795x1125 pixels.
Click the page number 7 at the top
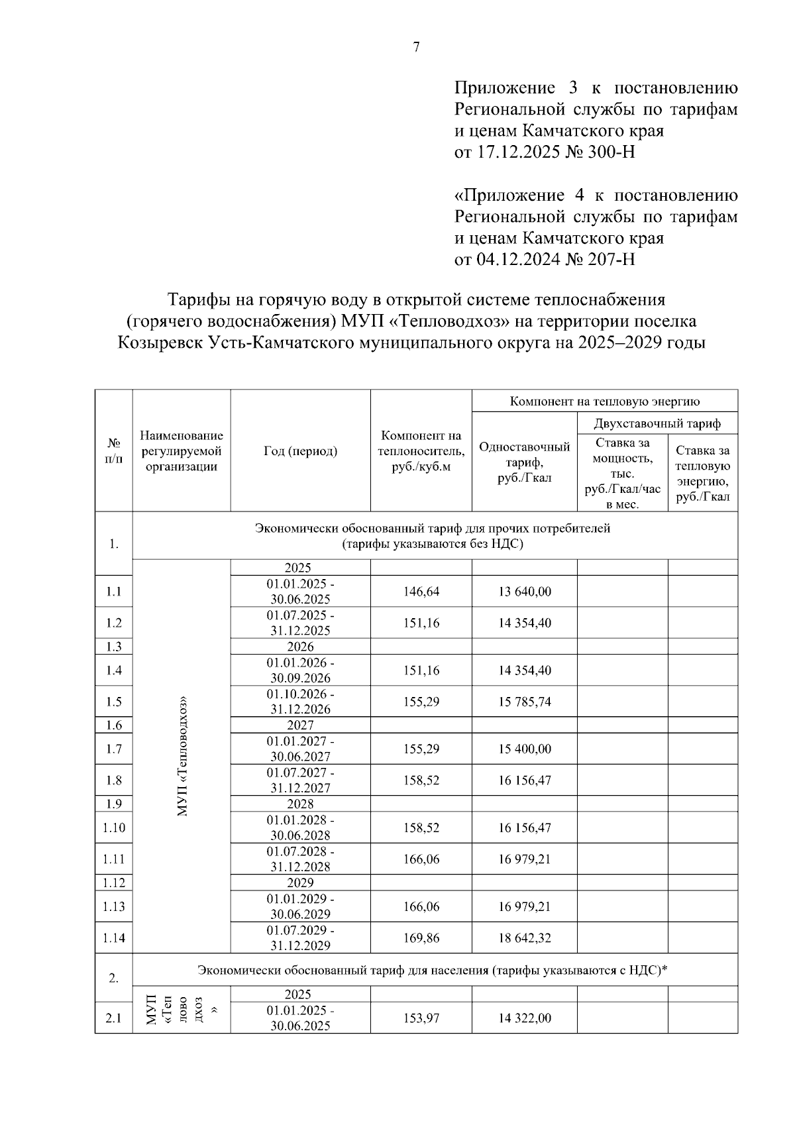(416, 48)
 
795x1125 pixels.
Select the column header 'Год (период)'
(300, 451)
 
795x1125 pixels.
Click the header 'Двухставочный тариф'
(657, 423)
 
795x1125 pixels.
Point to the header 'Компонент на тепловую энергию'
(604, 401)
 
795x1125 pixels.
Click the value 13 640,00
(524, 592)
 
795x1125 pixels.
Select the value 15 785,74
(524, 702)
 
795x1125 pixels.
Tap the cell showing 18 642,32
(524, 938)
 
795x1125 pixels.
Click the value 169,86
(421, 938)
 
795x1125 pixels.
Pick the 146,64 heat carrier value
(421, 592)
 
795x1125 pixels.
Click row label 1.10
(113, 828)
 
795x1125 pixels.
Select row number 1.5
(113, 702)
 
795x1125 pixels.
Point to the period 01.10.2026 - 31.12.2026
(300, 702)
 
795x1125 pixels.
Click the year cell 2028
(300, 804)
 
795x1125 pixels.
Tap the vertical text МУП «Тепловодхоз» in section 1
(182, 756)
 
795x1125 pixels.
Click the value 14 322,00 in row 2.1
(524, 1018)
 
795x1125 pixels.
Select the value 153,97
(421, 1018)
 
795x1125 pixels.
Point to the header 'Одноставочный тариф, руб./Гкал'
(524, 462)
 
